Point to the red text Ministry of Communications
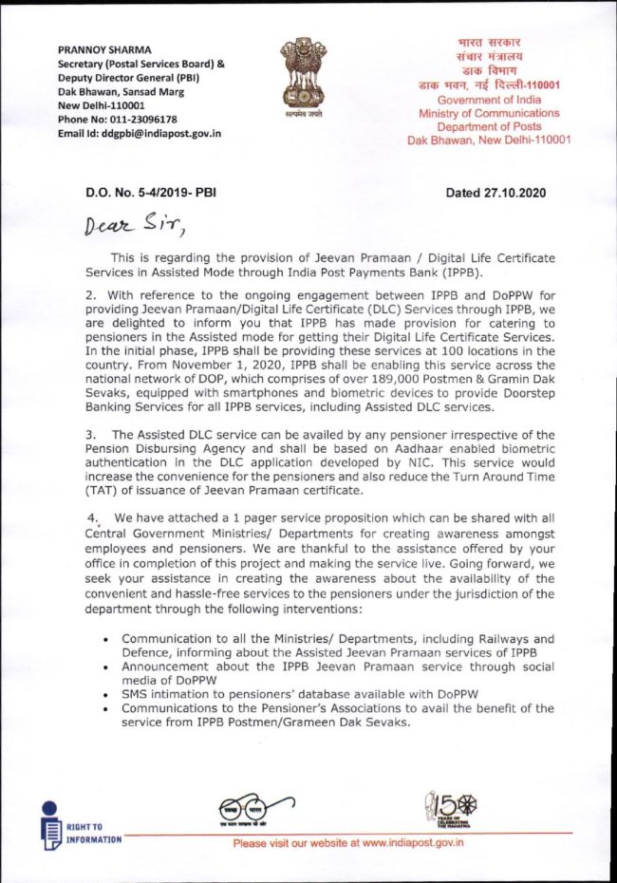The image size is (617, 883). click(x=489, y=113)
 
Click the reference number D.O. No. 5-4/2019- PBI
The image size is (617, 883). click(x=151, y=193)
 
